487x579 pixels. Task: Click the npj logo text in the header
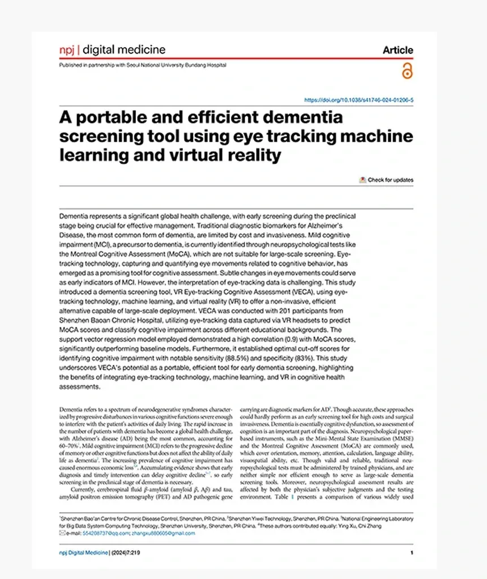click(66, 50)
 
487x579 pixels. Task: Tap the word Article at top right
click(398, 50)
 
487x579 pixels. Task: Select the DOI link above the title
click(358, 100)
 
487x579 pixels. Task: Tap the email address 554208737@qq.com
click(106, 533)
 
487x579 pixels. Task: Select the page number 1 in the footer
click(412, 552)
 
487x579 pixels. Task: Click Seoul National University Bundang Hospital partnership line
click(143, 65)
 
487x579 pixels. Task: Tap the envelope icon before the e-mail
click(62, 533)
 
